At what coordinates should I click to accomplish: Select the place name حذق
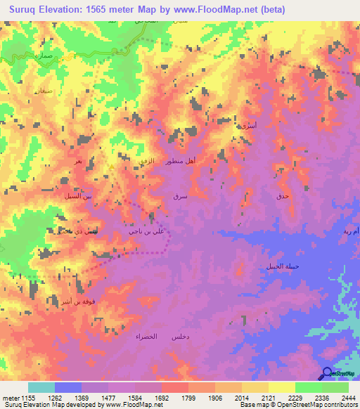point(282,197)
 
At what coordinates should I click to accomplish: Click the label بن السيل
point(79,196)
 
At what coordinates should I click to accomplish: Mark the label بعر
point(79,162)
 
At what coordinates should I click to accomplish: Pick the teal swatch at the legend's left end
point(41,387)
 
